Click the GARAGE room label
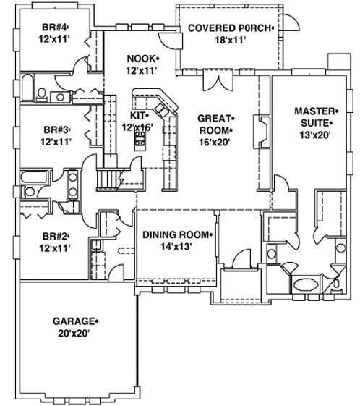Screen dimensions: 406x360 [73, 321]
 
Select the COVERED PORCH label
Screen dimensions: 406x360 [228, 28]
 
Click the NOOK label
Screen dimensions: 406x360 [141, 58]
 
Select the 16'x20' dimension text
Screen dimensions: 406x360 [215, 142]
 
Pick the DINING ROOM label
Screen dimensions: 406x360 [176, 234]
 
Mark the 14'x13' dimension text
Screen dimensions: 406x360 [176, 247]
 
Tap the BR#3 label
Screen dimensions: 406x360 [55, 130]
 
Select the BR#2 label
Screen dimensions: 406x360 [55, 236]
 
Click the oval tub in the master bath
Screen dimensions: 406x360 [303, 283]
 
